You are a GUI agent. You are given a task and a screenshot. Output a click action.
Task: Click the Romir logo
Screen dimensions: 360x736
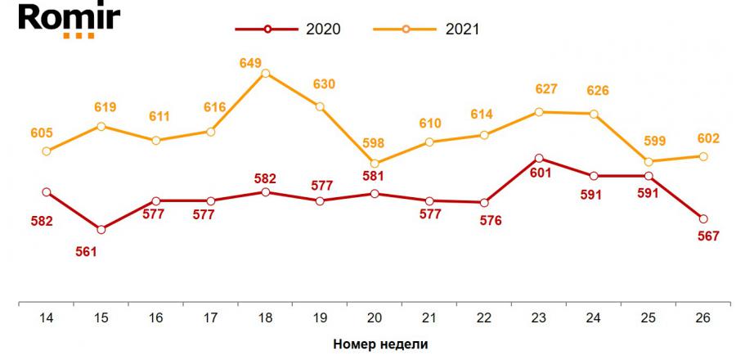coord(59,19)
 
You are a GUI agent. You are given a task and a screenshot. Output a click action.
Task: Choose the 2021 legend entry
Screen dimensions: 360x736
coord(426,29)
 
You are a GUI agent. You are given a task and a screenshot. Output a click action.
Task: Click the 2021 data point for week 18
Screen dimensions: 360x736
coord(265,74)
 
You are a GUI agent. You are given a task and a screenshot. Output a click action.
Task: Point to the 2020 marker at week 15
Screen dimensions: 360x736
coord(101,229)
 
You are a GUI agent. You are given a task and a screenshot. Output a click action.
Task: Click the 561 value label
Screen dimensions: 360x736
coord(86,251)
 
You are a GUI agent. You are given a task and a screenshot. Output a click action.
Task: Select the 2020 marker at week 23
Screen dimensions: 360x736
coord(539,158)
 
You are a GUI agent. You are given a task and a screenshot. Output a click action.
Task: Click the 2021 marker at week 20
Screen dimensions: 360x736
coord(375,164)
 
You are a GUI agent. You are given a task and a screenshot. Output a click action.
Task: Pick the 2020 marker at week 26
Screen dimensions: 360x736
coord(703,218)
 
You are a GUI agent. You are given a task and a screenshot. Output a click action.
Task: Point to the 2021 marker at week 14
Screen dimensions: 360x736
coord(46,151)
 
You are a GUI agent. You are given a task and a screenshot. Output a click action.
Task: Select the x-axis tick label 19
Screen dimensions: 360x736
coord(320,318)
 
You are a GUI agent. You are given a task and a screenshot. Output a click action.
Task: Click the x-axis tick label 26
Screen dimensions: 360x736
coord(703,318)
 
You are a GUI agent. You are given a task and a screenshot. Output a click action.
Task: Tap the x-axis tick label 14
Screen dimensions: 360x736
coord(46,318)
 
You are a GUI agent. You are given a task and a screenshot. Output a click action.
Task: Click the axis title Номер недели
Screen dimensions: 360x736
coord(380,344)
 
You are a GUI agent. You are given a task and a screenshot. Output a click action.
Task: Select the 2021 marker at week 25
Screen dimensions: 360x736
coord(648,161)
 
